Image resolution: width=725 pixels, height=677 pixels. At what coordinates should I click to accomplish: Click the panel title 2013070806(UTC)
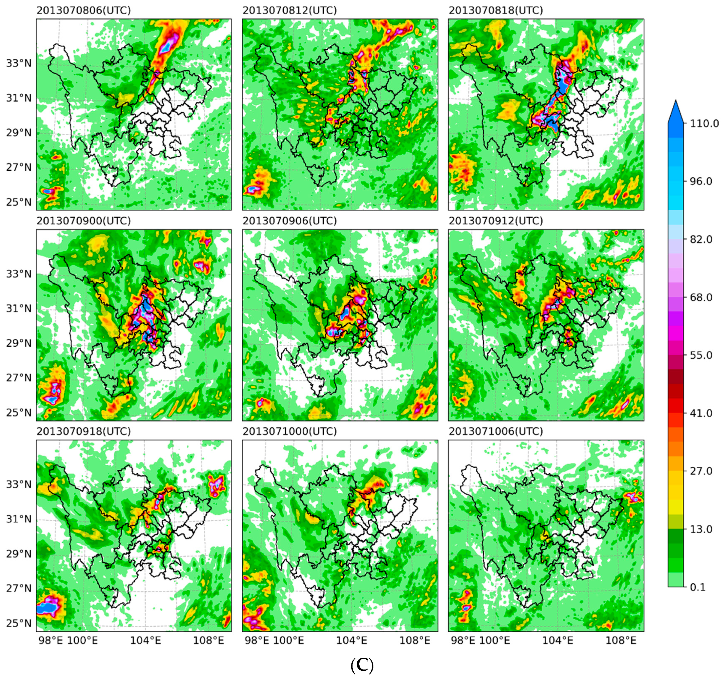(83, 11)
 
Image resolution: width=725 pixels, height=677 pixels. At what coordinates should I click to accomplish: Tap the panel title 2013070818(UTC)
(496, 11)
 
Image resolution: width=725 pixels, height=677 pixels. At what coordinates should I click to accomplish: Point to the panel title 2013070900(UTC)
(83, 221)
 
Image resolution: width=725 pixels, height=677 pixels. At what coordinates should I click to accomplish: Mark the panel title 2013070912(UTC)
(496, 221)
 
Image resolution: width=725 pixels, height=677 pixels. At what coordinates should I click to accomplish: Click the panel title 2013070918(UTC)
(83, 431)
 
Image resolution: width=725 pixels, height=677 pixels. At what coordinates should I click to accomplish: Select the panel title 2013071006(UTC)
(496, 431)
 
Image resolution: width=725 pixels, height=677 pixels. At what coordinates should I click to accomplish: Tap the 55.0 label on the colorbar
(701, 355)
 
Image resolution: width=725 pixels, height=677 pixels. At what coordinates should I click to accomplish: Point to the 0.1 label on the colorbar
(698, 587)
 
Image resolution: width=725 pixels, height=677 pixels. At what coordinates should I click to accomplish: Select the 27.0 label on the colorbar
(701, 471)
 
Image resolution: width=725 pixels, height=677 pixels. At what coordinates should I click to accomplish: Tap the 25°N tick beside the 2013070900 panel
(19, 413)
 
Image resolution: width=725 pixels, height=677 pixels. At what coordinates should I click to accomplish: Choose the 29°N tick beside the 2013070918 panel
(19, 554)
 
